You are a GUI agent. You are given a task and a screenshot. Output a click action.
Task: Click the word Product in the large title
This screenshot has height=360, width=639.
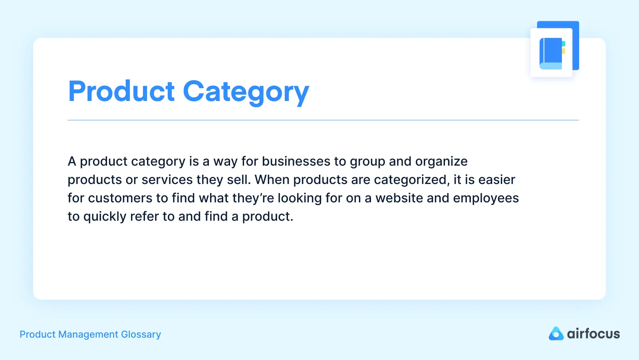pyautogui.click(x=121, y=91)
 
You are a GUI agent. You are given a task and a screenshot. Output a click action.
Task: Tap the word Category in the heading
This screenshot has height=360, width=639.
pyautogui.click(x=246, y=93)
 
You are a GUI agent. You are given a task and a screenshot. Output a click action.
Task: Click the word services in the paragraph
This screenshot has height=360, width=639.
pyautogui.click(x=167, y=180)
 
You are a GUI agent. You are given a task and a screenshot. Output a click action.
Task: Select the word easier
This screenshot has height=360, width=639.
pyautogui.click(x=497, y=180)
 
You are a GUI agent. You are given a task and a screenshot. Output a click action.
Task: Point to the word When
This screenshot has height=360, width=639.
pyautogui.click(x=272, y=180)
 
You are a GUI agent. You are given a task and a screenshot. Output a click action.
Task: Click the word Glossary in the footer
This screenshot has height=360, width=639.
pyautogui.click(x=141, y=334)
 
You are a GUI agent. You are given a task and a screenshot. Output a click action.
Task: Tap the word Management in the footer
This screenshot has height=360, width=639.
pyautogui.click(x=88, y=334)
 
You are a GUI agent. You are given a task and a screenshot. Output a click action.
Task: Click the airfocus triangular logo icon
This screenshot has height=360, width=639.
pyautogui.click(x=556, y=334)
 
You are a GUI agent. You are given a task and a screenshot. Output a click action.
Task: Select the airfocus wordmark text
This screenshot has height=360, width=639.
pyautogui.click(x=593, y=334)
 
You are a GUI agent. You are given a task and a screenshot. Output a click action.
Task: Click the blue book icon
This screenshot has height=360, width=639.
pyautogui.click(x=551, y=53)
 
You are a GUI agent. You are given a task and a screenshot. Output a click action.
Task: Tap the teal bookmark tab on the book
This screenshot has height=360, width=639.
pyautogui.click(x=564, y=44)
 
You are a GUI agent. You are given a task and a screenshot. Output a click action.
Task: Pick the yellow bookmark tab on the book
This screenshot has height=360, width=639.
pyautogui.click(x=564, y=51)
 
